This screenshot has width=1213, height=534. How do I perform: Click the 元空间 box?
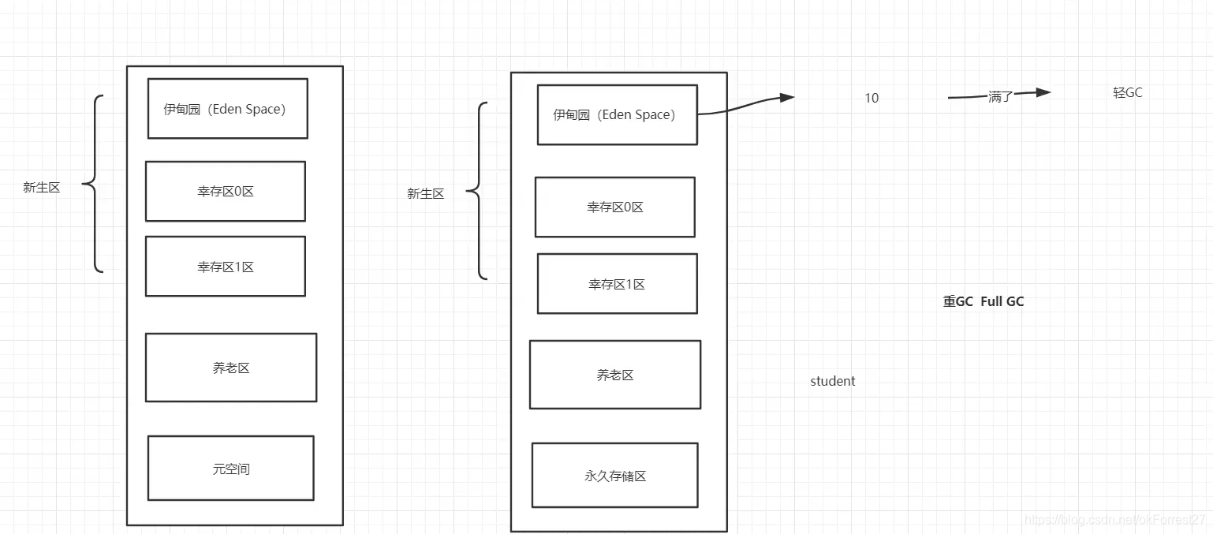point(230,468)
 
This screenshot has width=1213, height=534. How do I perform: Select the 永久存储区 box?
point(614,475)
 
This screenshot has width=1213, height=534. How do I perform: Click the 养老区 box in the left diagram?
point(230,368)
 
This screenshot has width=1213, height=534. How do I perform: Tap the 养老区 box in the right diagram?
point(614,375)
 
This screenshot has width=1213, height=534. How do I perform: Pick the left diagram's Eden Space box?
point(227,109)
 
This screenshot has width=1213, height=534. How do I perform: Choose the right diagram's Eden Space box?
point(617,115)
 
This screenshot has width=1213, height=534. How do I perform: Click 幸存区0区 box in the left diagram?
point(225,191)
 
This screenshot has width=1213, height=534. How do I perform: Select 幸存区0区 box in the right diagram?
point(614,207)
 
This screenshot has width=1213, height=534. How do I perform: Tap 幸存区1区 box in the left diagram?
point(225,267)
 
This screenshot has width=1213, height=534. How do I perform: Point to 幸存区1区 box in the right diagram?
point(617,284)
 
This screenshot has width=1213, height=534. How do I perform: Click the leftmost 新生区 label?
point(41,187)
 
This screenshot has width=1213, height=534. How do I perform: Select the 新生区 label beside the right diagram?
point(425,193)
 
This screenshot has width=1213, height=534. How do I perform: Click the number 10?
point(871,98)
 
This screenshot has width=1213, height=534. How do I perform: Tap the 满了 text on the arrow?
point(999,97)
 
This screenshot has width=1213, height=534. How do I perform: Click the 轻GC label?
point(1127,92)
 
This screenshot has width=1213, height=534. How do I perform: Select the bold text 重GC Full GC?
point(983,301)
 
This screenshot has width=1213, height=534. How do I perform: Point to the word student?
point(832,381)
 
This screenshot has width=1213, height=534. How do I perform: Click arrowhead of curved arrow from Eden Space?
point(786,98)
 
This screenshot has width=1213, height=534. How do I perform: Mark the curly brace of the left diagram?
point(93,184)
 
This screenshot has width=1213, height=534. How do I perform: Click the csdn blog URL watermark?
point(1114,519)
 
